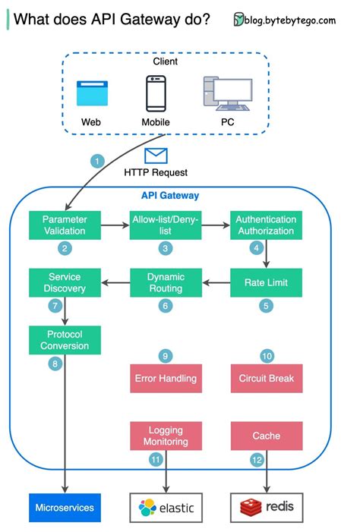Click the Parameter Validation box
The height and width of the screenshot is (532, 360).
(65, 225)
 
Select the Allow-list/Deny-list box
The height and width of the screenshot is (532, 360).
(165, 225)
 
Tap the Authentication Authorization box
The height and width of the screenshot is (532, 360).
(266, 225)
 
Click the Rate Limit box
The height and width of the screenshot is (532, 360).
(266, 282)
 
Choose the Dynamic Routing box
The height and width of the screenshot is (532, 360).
(165, 282)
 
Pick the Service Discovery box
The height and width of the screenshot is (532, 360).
(65, 282)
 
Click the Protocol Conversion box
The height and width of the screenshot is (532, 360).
(65, 340)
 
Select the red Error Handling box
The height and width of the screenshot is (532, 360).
(165, 378)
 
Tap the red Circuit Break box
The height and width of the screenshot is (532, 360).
(266, 378)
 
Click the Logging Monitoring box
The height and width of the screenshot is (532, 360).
(165, 436)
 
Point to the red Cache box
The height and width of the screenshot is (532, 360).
(266, 436)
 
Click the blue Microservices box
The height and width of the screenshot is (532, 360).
(65, 507)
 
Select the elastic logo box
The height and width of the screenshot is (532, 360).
(165, 507)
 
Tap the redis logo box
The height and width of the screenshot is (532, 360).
(266, 507)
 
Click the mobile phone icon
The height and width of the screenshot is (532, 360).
(156, 93)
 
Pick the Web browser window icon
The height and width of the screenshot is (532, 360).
(92, 93)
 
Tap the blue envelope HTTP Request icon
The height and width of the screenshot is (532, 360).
(156, 156)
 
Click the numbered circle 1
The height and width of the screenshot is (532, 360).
(96, 161)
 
